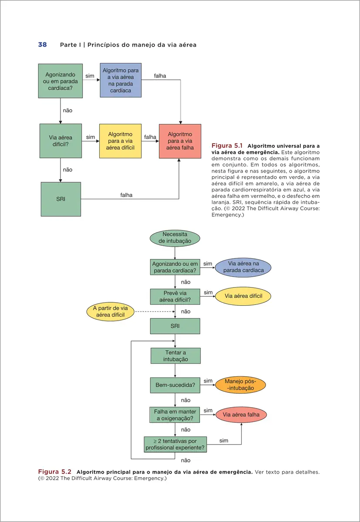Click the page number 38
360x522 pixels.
coord(43,44)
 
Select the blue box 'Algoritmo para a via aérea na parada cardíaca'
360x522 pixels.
coord(121,80)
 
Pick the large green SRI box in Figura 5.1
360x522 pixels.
coord(61,199)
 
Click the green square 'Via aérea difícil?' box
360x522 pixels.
coord(61,141)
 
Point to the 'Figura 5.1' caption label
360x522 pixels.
coord(227,146)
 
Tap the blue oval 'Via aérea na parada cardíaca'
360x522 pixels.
coord(243,267)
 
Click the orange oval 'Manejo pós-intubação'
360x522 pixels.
coord(240,385)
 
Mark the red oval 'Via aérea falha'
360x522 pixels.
coord(241,415)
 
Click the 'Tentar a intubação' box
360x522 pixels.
coord(175,356)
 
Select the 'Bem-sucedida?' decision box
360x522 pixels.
coord(175,385)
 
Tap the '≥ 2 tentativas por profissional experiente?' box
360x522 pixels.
coord(175,444)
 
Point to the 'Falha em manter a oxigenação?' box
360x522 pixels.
coord(175,415)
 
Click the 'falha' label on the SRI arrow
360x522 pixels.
coord(126,195)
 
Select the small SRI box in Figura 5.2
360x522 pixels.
coord(175,326)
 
